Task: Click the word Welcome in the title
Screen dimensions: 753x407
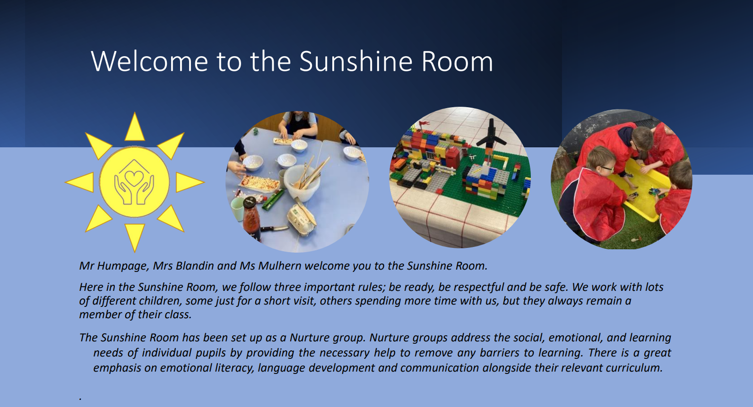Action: (149, 61)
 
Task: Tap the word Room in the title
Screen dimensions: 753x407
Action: (457, 61)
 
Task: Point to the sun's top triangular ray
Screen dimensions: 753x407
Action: (134, 127)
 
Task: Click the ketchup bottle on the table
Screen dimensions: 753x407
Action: (251, 218)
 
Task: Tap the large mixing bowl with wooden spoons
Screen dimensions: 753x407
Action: (302, 181)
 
